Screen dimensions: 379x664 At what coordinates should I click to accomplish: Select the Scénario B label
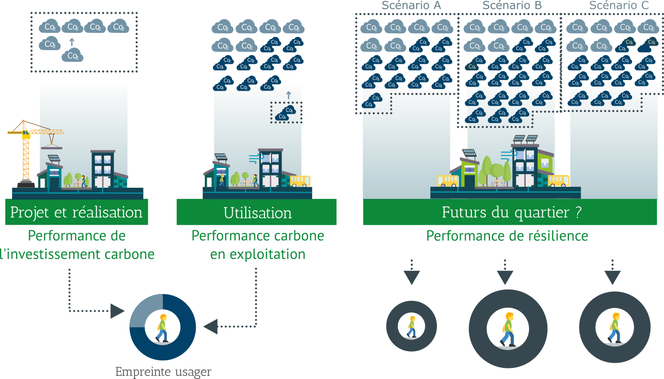click(x=512, y=6)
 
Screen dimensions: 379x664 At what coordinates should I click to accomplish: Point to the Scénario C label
click(x=619, y=6)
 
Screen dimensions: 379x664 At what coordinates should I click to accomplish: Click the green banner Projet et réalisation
click(x=77, y=212)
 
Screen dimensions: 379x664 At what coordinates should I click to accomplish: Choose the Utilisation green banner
click(x=257, y=213)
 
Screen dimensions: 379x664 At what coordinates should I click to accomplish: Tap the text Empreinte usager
click(x=163, y=372)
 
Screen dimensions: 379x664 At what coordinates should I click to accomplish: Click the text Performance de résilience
click(x=507, y=236)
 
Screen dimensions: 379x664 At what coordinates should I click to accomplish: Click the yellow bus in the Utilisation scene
click(x=300, y=181)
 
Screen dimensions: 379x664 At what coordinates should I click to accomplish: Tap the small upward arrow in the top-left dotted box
click(x=72, y=42)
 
